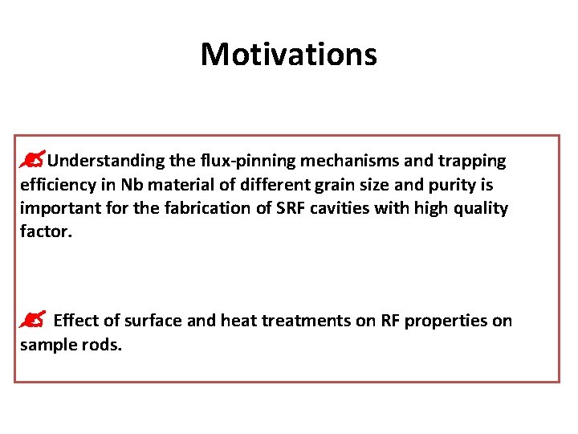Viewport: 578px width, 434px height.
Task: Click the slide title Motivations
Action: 288,55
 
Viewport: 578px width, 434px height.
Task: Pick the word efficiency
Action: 55,185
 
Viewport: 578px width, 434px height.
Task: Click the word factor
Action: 44,233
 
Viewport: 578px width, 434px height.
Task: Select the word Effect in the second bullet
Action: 76,321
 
